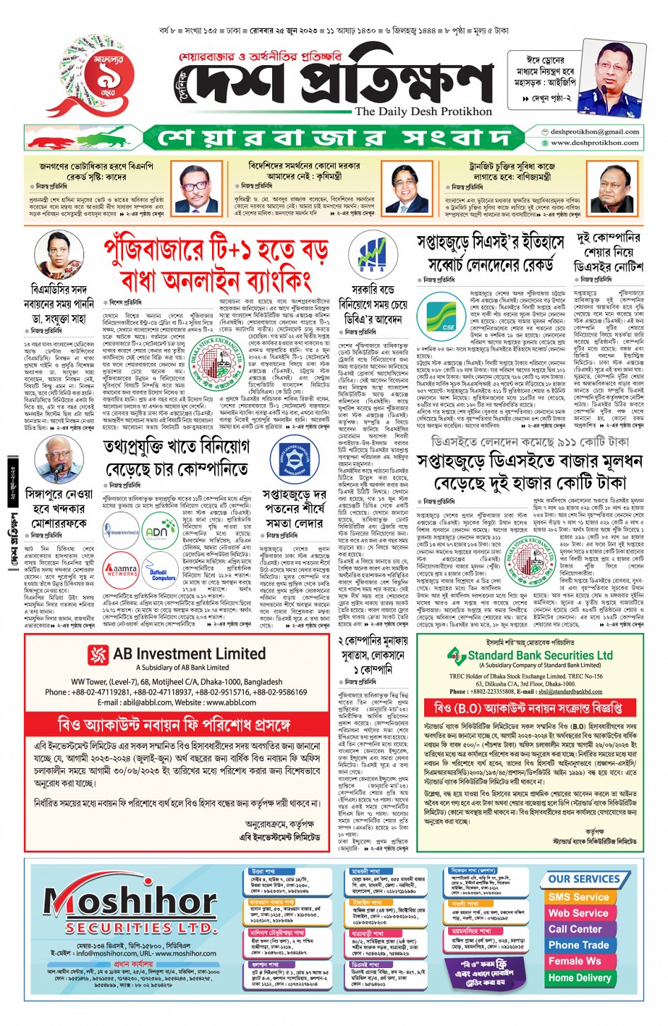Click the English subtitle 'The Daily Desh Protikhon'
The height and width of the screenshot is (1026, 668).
(423, 112)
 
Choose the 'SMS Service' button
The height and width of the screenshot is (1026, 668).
(578, 897)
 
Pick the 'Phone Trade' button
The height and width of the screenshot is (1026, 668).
(578, 945)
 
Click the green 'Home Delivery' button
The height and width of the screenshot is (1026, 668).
(580, 978)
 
